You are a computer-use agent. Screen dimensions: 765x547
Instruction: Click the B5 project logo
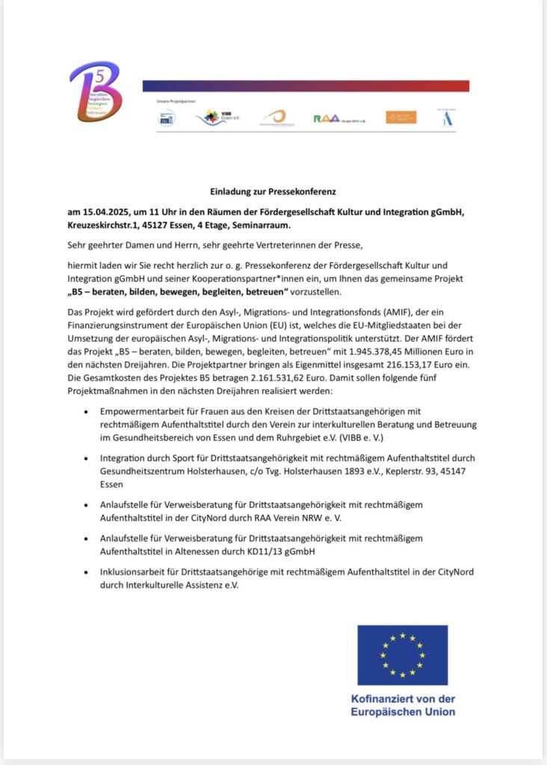coord(95,92)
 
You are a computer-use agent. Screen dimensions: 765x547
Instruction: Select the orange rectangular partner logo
coord(401,117)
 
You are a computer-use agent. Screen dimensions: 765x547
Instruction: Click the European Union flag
coord(402,654)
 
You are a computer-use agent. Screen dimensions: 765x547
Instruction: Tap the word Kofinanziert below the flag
coord(380,699)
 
